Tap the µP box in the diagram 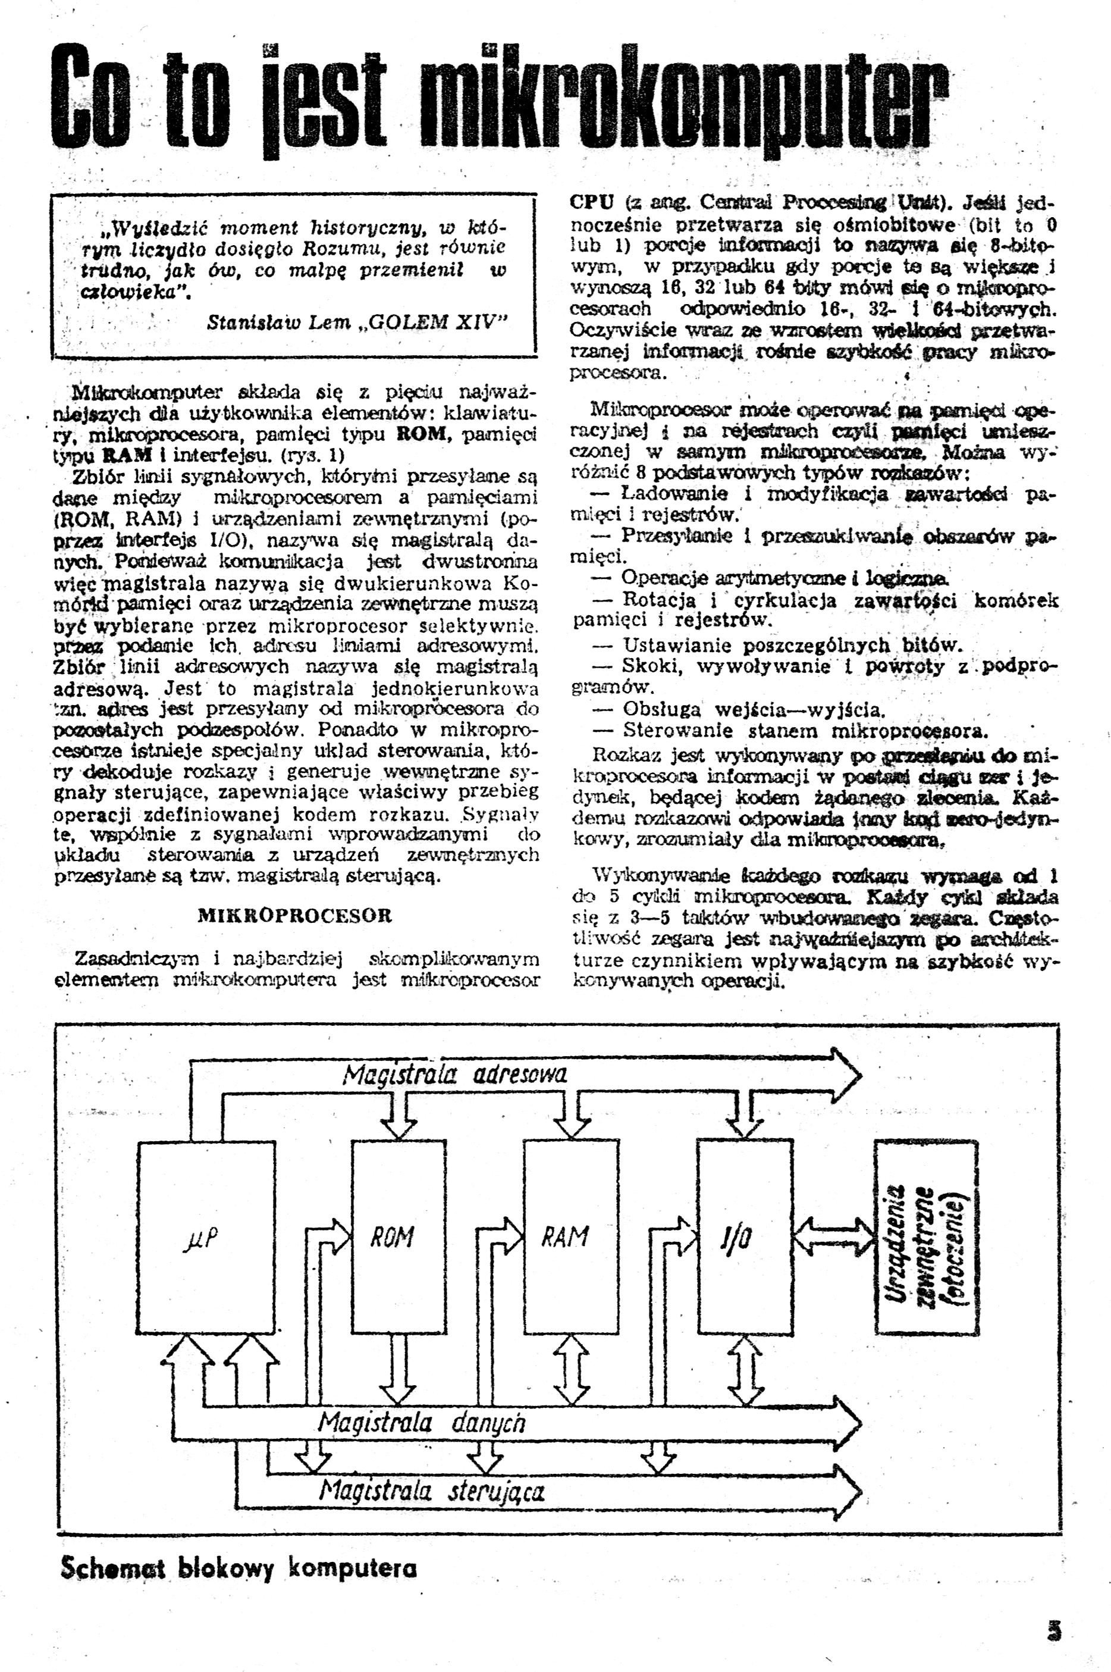[205, 1237]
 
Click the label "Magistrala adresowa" [455, 1075]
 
